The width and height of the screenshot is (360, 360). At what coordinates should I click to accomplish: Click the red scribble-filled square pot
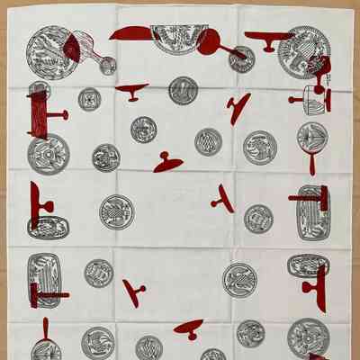(40, 113)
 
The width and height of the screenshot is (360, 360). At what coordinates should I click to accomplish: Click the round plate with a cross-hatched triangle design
(208, 141)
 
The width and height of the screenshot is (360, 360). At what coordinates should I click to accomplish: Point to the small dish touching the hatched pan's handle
(107, 65)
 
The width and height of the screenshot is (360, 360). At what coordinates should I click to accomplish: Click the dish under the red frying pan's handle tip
(241, 58)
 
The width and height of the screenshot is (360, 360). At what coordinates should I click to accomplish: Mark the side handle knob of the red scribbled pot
(64, 115)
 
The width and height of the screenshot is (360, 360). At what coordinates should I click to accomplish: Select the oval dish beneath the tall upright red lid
(47, 226)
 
